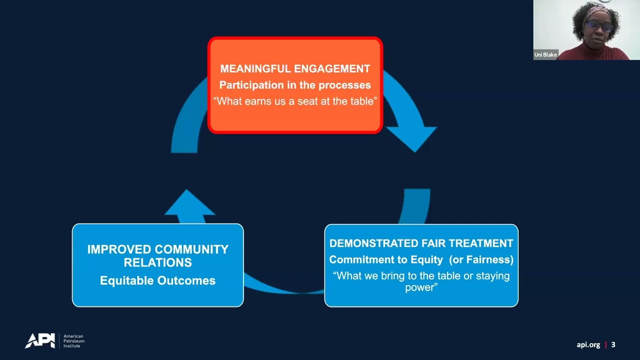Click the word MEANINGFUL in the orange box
(x=255, y=68)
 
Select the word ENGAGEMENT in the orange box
(x=332, y=68)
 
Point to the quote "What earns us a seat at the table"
(x=295, y=101)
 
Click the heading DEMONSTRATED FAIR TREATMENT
(x=421, y=243)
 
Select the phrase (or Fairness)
(x=481, y=259)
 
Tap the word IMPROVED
(x=119, y=249)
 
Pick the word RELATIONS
(x=157, y=262)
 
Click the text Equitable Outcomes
(x=157, y=280)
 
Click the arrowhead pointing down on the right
(x=412, y=138)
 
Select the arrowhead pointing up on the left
(x=189, y=202)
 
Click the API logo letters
(x=40, y=340)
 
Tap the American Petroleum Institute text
(x=73, y=341)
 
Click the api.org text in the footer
(x=588, y=345)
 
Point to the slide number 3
(x=613, y=344)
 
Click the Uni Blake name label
(x=545, y=54)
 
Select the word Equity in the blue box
(x=426, y=259)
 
